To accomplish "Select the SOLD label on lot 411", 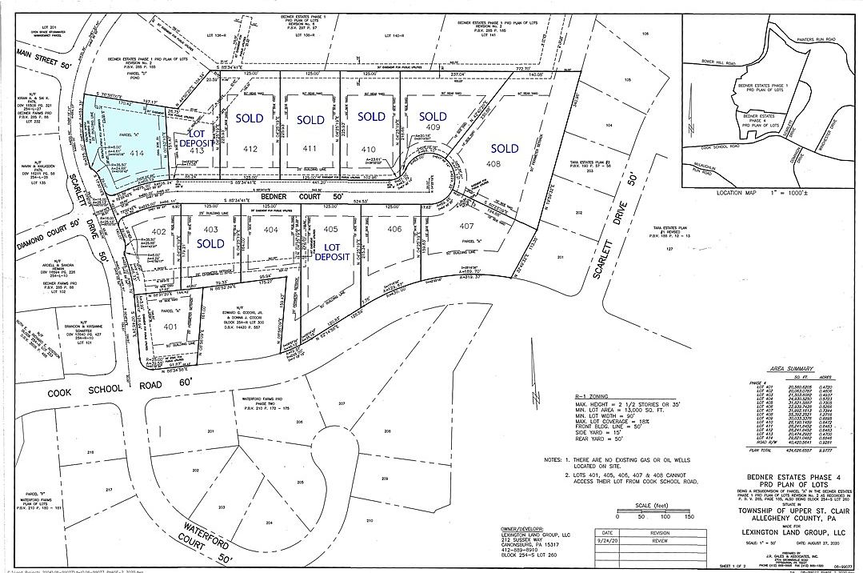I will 310,120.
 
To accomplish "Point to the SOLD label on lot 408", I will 504,148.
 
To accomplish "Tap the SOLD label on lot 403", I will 210,243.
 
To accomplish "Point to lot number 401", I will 169,327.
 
